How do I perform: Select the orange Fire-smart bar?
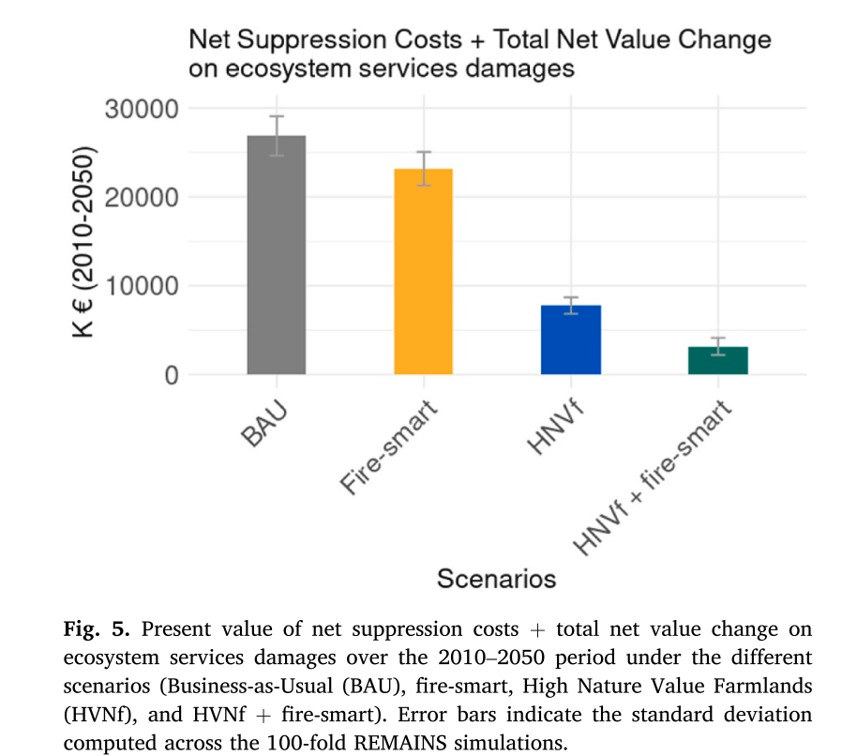423,272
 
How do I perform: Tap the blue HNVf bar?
570,340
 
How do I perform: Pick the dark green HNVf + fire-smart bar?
717,360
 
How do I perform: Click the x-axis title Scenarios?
496,579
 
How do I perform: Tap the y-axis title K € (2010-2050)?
83,242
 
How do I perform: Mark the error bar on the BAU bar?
276,135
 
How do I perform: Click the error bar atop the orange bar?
423,169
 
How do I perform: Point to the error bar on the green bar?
717,346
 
